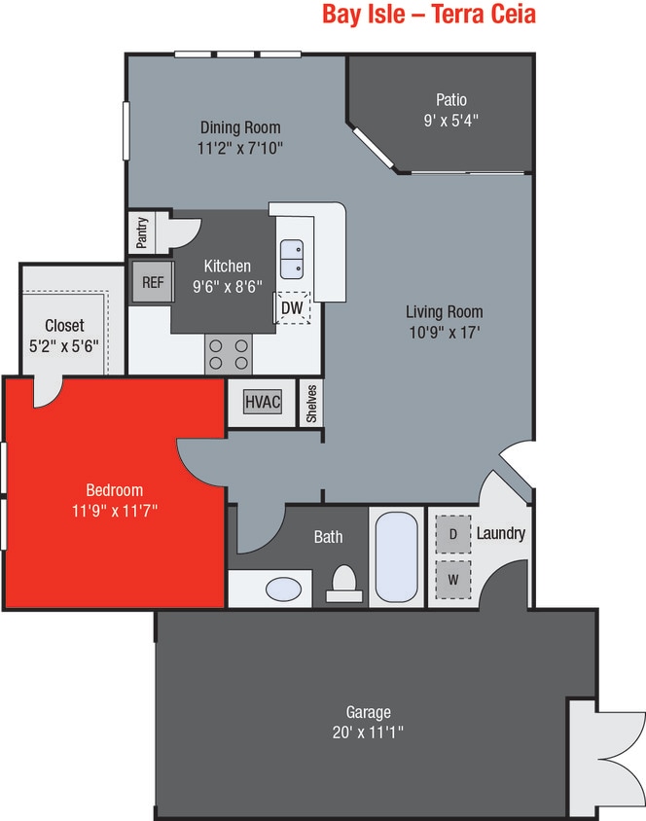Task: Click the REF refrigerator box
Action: coord(152,282)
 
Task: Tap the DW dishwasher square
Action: coord(292,308)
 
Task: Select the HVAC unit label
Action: coord(263,402)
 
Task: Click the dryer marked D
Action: coord(452,533)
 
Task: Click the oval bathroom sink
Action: coord(283,589)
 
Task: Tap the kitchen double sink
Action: coord(292,260)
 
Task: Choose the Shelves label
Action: coord(311,403)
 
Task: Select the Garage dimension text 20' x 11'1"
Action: coord(368,731)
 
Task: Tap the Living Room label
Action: coord(444,312)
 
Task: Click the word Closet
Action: coord(64,326)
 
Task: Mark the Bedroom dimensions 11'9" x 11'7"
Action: coord(115,509)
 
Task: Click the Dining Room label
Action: coord(240,127)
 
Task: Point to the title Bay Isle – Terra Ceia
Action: coord(429,17)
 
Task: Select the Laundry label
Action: coord(500,533)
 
